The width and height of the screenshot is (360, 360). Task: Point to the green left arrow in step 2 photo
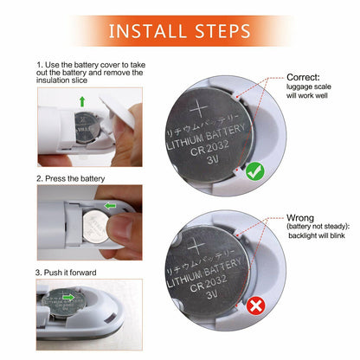[x=109, y=206]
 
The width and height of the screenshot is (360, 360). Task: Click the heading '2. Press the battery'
[x=71, y=178]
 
